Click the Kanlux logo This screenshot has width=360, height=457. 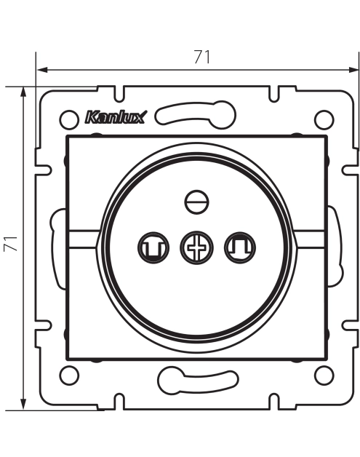[115, 117]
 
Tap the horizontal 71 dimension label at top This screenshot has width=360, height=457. [202, 57]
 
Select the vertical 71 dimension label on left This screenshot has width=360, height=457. [11, 243]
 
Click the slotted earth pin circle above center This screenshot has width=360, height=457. [197, 202]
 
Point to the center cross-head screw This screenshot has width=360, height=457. [196, 247]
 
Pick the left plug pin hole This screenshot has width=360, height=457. [153, 247]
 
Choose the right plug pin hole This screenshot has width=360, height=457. [240, 247]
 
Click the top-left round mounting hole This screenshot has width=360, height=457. [69, 119]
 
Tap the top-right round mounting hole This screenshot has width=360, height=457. [324, 119]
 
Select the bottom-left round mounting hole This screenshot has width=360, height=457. [69, 375]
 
